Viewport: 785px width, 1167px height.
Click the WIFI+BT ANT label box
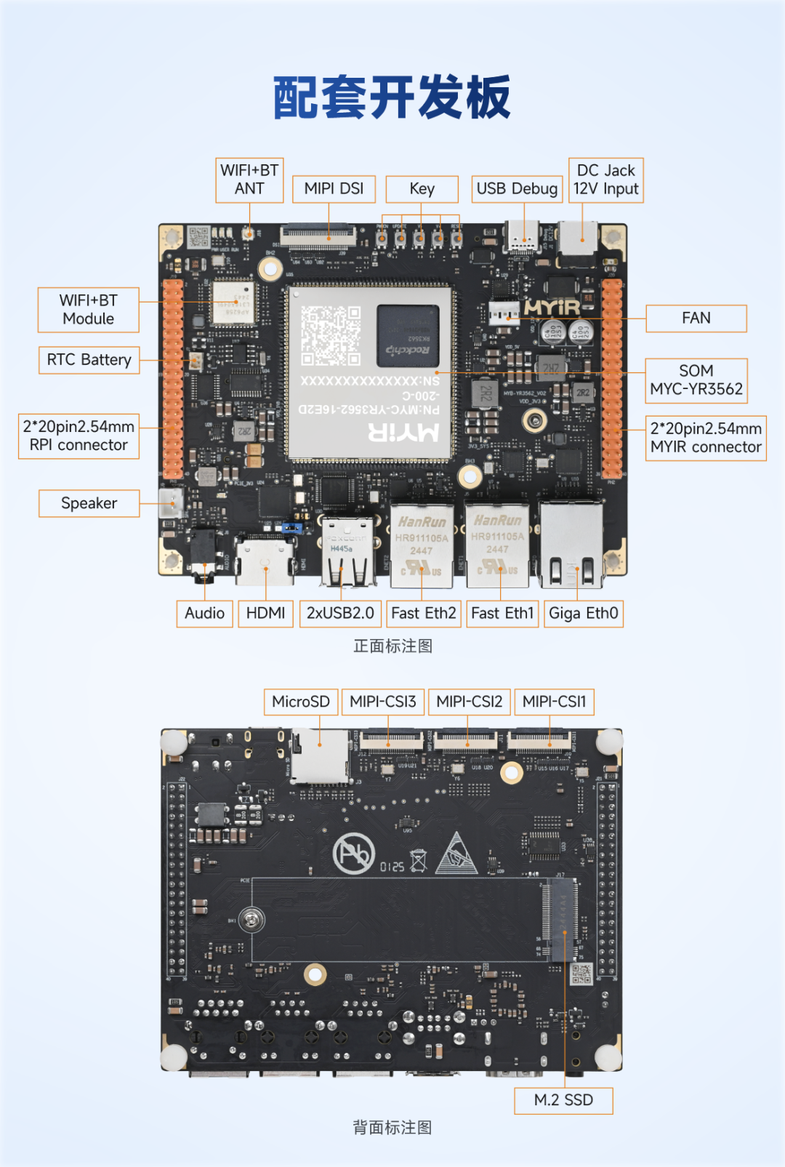pos(249,180)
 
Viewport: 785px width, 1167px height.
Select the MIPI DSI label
pos(334,189)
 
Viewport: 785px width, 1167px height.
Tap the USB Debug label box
pos(517,189)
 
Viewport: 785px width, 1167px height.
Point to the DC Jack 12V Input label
pos(605,180)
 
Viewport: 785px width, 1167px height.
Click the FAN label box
pos(696,318)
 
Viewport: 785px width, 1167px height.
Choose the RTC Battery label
pos(89,360)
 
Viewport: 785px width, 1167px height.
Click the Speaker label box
pos(89,503)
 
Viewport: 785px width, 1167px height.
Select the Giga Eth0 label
pos(583,614)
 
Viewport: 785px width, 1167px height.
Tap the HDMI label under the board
pos(265,614)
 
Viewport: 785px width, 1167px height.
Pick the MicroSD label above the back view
pos(300,702)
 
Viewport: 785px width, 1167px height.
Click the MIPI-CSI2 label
pos(469,702)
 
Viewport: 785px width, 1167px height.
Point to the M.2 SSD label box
pos(563,1100)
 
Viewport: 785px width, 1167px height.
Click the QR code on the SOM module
pos(331,335)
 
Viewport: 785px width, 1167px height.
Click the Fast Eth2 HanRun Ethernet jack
pos(422,545)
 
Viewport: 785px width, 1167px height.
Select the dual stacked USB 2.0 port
pos(347,553)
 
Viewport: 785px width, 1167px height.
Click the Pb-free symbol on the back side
pos(354,853)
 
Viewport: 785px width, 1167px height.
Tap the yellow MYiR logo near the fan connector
pos(552,308)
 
